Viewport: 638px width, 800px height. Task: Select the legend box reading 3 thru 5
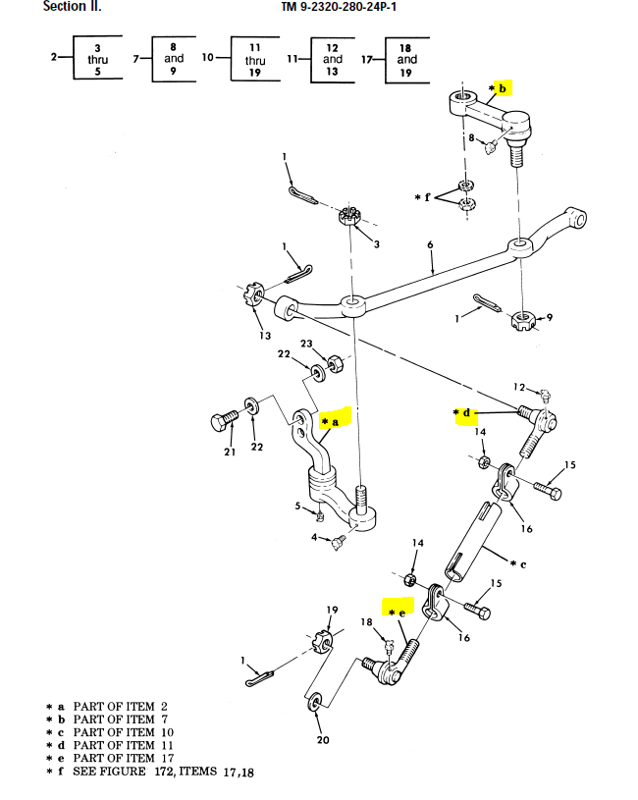click(x=97, y=59)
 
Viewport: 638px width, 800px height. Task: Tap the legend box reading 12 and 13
click(x=333, y=59)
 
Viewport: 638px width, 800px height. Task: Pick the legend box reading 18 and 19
click(x=406, y=59)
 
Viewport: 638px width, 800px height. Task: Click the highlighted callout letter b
click(x=503, y=88)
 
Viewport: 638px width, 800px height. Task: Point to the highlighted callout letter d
click(x=466, y=413)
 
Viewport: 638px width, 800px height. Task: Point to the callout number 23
click(x=306, y=345)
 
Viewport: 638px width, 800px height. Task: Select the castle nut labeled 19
click(x=325, y=642)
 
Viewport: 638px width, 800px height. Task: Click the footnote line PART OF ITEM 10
click(x=113, y=732)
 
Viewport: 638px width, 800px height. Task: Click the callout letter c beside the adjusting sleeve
click(x=522, y=563)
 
